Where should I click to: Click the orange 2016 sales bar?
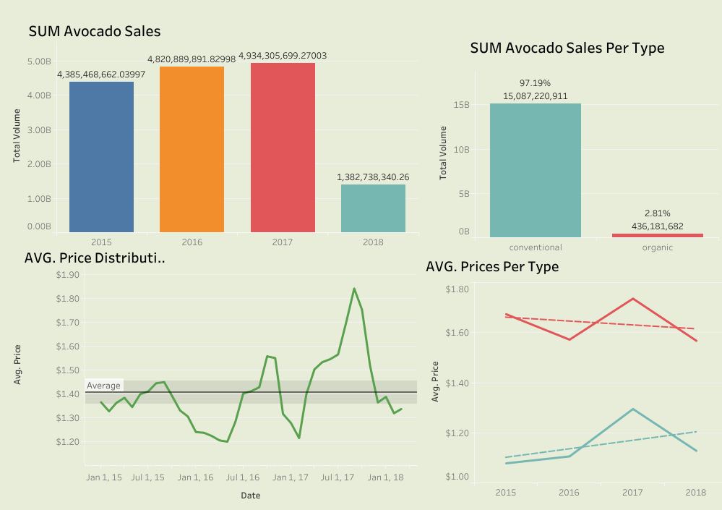pos(192,149)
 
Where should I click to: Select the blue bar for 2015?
pos(101,156)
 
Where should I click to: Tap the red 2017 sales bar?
pos(283,148)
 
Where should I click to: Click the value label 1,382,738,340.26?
pos(373,177)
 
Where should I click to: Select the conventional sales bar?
pos(535,170)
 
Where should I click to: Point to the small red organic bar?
pos(657,235)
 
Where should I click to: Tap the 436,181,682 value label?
pos(657,226)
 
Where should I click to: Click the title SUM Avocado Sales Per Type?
pos(567,48)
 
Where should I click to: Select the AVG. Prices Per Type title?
pos(492,267)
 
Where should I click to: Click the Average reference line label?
pos(104,386)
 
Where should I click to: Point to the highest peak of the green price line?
pos(354,289)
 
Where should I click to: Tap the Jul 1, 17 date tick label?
pos(337,477)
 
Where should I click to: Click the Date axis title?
pos(250,496)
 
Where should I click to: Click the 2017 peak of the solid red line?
pos(633,299)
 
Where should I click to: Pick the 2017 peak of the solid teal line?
pos(633,409)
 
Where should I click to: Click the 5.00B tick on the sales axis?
pos(39,61)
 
